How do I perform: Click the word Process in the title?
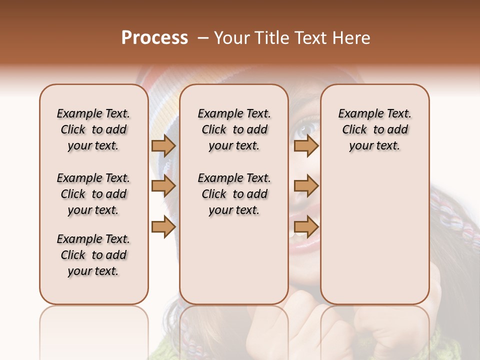tap(154, 37)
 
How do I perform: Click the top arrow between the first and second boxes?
tap(163, 145)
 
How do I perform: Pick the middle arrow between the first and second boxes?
tap(163, 186)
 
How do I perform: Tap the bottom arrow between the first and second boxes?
tap(163, 226)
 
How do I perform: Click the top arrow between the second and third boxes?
tap(306, 145)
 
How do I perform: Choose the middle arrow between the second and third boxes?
tap(306, 186)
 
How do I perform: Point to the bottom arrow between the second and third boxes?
tap(306, 226)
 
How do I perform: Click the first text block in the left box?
tap(93, 129)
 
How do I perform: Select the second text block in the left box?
tap(93, 194)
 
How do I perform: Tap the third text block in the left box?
tap(93, 255)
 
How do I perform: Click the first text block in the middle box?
tap(234, 129)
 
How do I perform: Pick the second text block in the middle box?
tap(234, 194)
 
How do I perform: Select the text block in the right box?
tap(375, 129)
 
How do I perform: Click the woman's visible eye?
tap(304, 128)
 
